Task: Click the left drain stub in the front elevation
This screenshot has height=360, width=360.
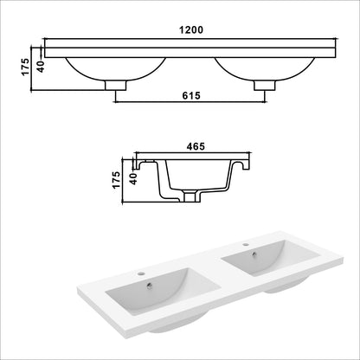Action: [114, 84]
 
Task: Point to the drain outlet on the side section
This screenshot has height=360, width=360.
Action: [191, 198]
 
